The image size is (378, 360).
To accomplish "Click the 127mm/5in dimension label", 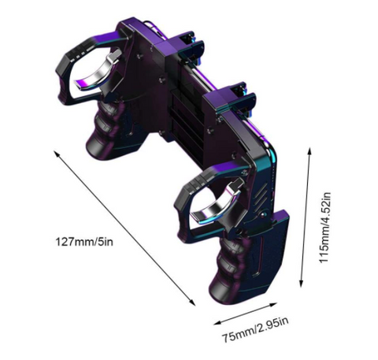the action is (84, 242).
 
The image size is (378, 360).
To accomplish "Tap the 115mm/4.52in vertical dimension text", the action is (324, 228).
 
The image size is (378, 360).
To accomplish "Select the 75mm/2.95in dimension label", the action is (255, 329).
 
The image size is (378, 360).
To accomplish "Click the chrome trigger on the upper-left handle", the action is (98, 69).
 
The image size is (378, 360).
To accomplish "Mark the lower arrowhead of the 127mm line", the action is (192, 302).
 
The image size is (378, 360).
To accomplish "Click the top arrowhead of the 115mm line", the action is (309, 151).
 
